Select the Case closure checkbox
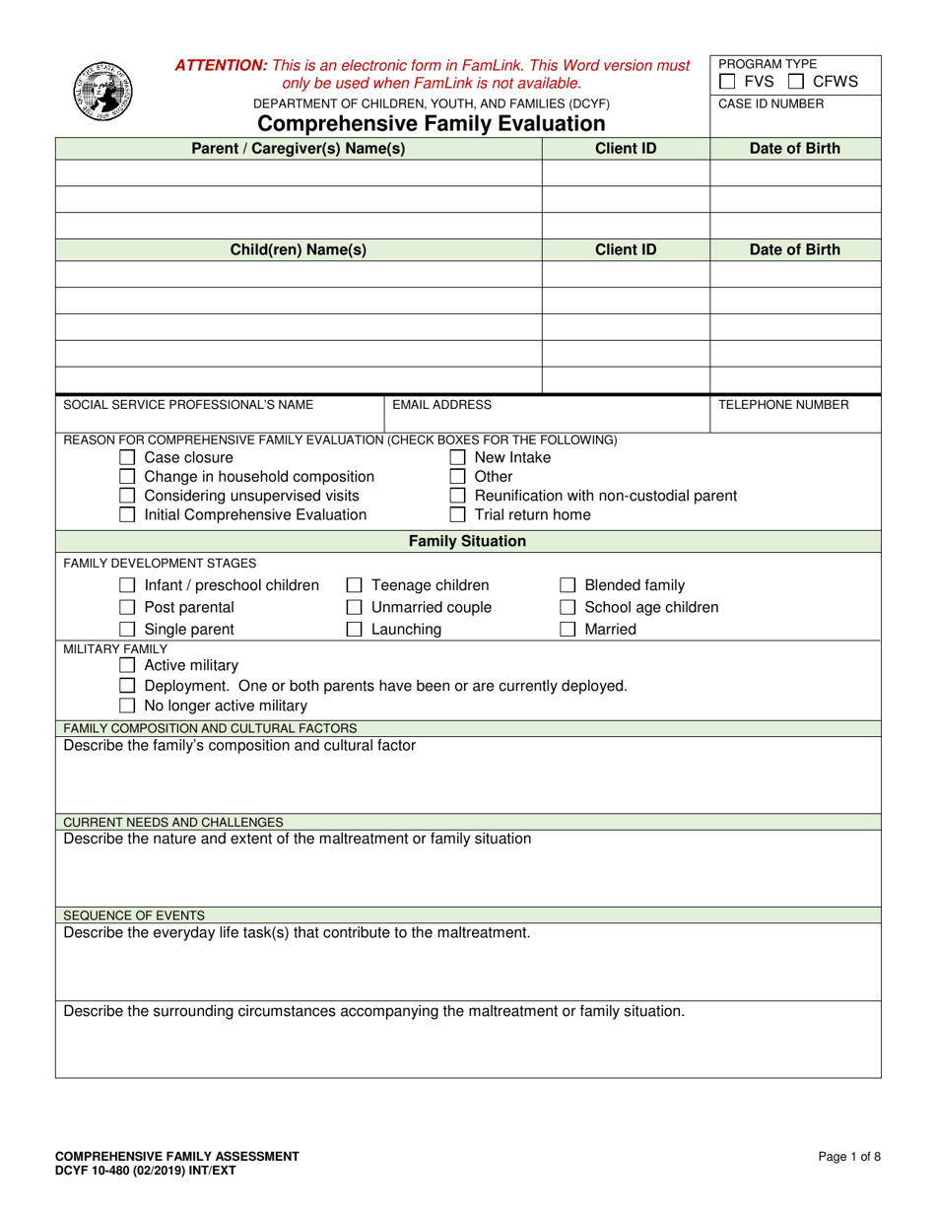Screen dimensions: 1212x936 coord(126,458)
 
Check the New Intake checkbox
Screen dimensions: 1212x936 coord(457,458)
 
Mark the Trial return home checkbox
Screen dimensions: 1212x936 coord(457,514)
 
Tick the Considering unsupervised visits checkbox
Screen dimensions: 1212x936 coord(126,496)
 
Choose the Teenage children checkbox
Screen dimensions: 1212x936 coord(354,585)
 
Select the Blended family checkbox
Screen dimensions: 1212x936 coord(568,585)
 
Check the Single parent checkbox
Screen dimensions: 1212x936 coord(126,630)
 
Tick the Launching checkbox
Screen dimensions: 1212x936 coord(354,630)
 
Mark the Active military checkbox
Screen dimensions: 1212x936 coord(126,666)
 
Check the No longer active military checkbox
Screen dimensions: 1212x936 coord(126,706)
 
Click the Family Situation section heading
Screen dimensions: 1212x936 coord(467,541)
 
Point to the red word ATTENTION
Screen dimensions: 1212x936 coord(221,65)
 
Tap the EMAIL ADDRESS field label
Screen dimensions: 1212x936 coord(441,404)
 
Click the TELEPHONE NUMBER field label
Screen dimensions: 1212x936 coord(783,404)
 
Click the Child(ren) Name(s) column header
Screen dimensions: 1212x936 coord(298,249)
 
